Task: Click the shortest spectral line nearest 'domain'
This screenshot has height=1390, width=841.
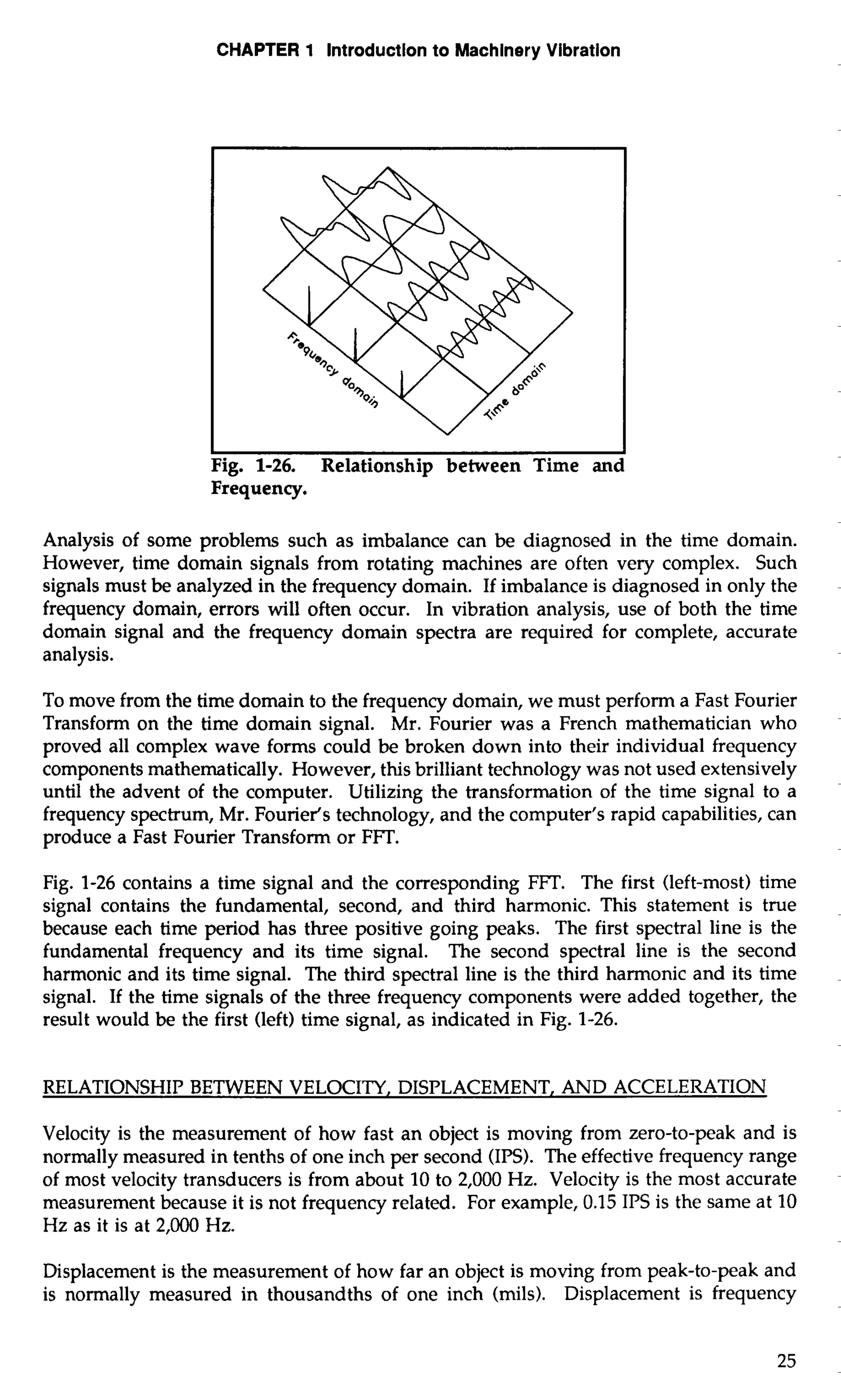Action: click(402, 383)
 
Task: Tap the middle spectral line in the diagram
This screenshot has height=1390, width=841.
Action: click(356, 345)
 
